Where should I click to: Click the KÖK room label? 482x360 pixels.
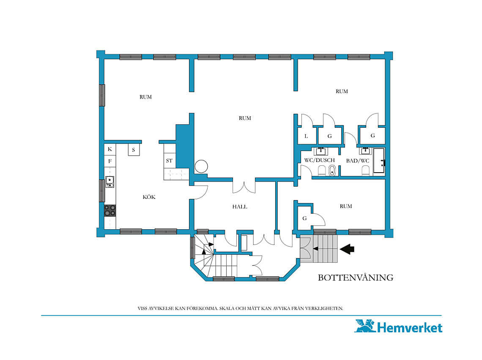point(149,197)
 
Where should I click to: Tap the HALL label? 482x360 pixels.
point(240,207)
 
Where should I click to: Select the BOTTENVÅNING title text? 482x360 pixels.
point(356,278)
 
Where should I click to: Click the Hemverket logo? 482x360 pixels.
point(399,326)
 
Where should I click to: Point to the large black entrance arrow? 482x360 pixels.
point(348,249)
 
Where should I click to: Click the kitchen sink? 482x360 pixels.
point(110,182)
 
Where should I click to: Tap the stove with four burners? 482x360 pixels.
point(110,211)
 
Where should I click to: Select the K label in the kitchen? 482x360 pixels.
point(110,149)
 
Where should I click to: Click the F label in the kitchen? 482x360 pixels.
point(110,161)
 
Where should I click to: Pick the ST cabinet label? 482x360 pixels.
point(169,161)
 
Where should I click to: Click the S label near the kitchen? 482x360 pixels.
point(134,150)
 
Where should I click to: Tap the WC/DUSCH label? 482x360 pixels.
point(319,160)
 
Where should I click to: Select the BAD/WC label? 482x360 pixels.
point(358,161)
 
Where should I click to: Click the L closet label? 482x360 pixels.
point(306,136)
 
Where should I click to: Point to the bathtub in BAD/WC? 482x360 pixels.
point(379,161)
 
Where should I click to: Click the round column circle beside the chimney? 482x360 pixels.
point(201,166)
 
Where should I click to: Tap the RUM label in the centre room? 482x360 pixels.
point(245,118)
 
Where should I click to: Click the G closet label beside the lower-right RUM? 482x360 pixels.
point(304,218)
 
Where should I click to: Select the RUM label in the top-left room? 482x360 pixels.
point(146,97)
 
